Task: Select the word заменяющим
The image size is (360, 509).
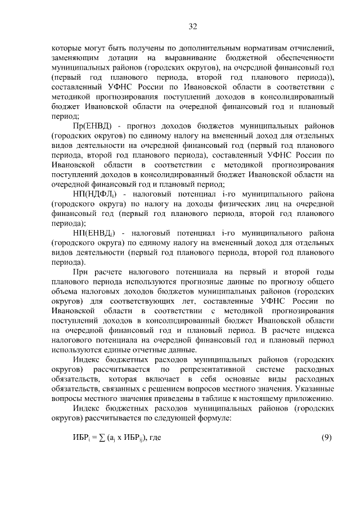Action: coord(73,57)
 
